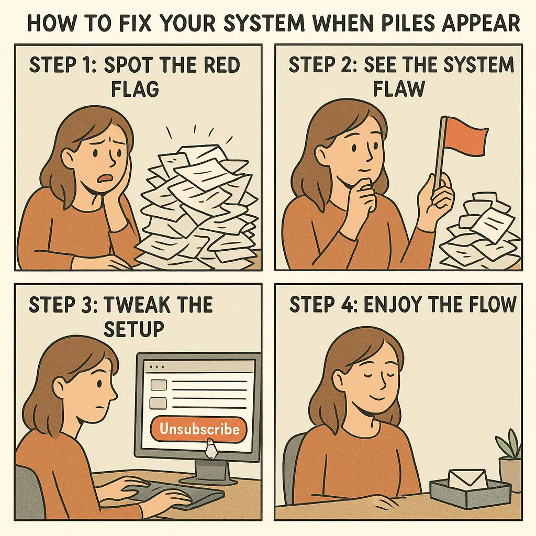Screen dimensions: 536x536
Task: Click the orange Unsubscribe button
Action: point(199,430)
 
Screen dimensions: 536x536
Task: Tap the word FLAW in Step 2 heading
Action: point(398,89)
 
